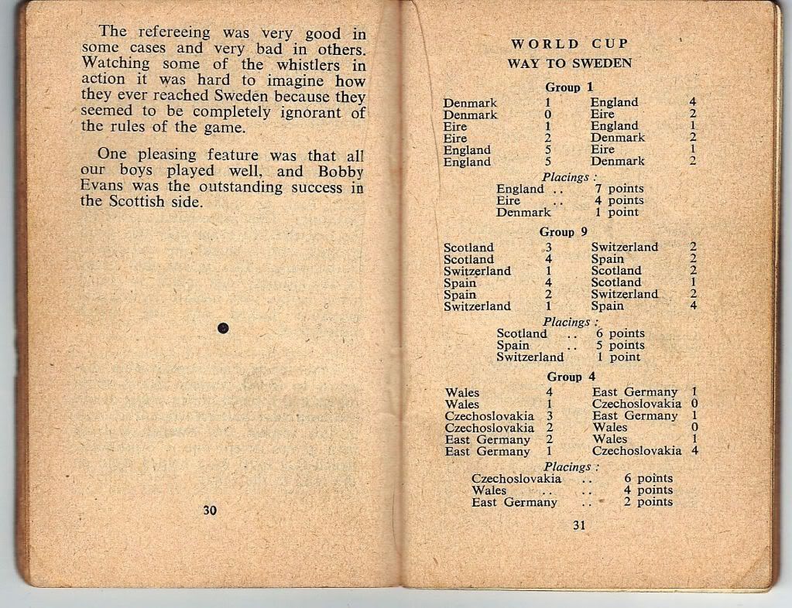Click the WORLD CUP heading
[570, 44]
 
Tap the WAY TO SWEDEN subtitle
[569, 63]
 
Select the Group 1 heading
[568, 87]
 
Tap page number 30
[209, 510]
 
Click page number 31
[579, 526]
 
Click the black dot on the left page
[223, 328]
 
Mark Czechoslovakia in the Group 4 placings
[516, 479]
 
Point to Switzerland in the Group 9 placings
[530, 357]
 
